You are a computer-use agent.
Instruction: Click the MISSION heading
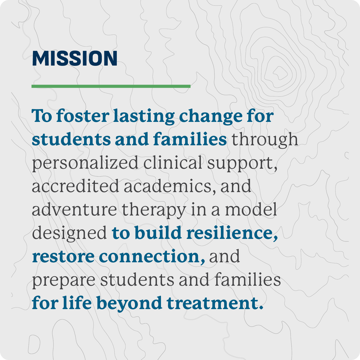tap(75, 58)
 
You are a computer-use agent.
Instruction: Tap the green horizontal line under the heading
tap(111, 86)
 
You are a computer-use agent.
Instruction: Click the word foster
tap(83, 116)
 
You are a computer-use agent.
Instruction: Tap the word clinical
tap(173, 163)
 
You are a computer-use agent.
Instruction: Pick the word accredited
tap(76, 186)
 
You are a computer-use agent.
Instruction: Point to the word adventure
tap(74, 209)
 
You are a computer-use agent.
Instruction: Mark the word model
tap(251, 209)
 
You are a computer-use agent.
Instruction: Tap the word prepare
tap(64, 281)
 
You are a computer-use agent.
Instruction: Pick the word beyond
tap(129, 304)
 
